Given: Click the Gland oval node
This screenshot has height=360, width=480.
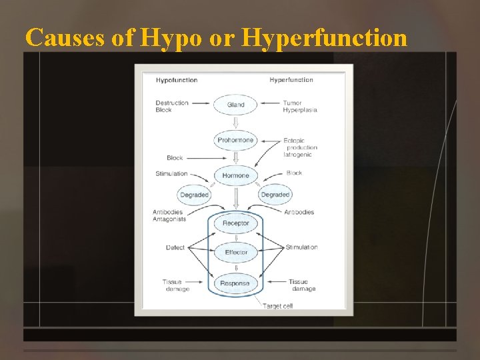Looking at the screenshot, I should [x=235, y=105].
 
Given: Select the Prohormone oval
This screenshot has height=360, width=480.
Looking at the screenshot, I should [x=235, y=140].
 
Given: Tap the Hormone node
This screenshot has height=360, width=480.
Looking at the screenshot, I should [x=235, y=176].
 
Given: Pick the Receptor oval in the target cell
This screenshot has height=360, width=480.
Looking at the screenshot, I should [x=235, y=223].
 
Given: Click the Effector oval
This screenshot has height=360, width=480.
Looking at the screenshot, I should [x=236, y=253].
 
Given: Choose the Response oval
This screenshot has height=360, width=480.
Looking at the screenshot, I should [x=235, y=283].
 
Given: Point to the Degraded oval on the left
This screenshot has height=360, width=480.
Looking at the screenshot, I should [x=194, y=195].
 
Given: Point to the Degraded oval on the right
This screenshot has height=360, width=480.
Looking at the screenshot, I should [x=275, y=195].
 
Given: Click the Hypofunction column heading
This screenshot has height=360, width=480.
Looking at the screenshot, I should [x=177, y=80].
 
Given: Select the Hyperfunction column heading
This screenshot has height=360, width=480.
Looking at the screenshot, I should [x=291, y=80].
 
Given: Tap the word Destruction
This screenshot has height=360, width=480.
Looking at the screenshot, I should [x=172, y=103].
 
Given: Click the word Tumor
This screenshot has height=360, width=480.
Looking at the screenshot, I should [x=292, y=103].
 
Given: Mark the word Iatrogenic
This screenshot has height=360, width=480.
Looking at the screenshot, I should [x=297, y=155].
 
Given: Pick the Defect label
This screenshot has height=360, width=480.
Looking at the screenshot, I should [x=175, y=248].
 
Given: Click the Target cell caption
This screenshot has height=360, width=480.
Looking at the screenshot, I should [x=278, y=306].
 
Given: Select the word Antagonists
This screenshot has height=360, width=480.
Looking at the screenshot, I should [x=168, y=219].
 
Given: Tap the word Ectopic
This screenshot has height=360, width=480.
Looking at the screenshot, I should [x=294, y=141].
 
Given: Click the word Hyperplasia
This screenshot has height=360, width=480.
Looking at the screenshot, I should [x=299, y=110].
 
